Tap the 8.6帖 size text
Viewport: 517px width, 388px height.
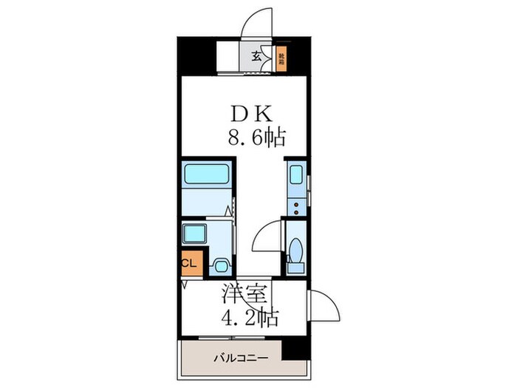[256, 137]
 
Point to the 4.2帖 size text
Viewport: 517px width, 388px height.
[250, 318]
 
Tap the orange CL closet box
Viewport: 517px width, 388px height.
[188, 262]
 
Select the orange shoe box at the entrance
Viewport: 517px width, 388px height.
[281, 58]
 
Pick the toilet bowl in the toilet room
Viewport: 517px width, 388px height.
[295, 250]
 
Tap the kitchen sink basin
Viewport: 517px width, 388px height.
[297, 177]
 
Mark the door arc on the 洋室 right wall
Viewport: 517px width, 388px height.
[323, 303]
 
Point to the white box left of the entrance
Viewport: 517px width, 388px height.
[230, 58]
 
